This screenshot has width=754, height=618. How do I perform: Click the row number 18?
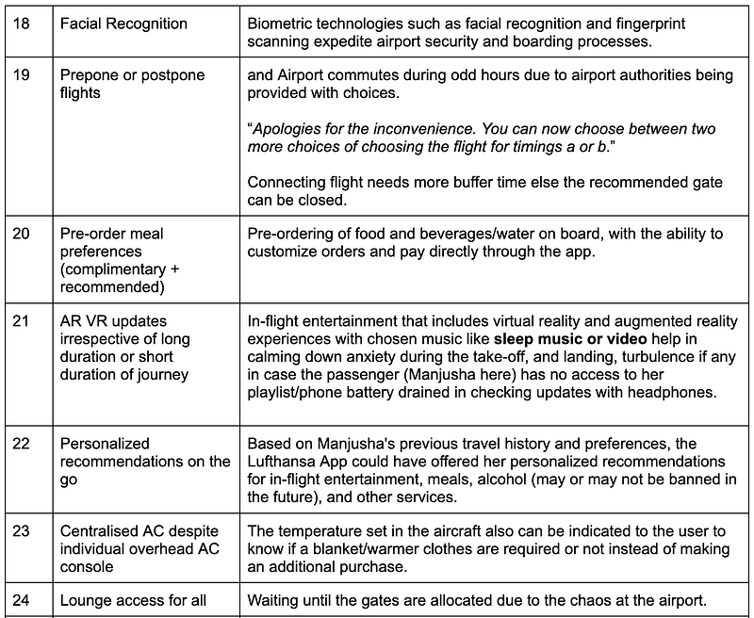[21, 24]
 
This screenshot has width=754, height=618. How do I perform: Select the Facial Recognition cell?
[123, 24]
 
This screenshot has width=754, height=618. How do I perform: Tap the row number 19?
[21, 75]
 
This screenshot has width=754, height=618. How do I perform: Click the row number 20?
[21, 234]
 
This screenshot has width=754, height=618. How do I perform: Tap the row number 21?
[21, 320]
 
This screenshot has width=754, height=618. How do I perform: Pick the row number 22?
[21, 443]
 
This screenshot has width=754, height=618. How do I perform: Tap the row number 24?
[21, 600]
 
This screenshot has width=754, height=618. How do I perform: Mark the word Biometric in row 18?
[282, 24]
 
